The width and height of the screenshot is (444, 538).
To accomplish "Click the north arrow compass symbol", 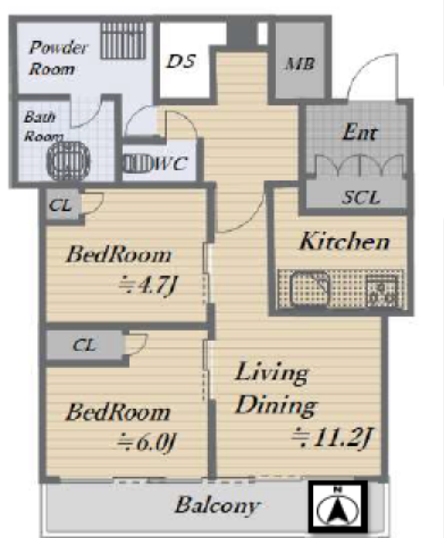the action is [x=338, y=508].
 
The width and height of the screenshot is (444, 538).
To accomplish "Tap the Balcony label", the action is [x=217, y=506].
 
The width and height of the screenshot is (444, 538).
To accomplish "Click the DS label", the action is [x=181, y=61].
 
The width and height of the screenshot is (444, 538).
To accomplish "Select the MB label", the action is [x=300, y=64].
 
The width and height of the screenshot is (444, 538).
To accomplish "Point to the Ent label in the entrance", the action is [x=360, y=132].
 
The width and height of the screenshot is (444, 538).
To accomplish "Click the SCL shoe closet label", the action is [x=360, y=197].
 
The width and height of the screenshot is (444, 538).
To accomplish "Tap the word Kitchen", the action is [x=344, y=241].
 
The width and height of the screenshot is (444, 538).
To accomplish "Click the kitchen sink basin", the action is [x=310, y=288].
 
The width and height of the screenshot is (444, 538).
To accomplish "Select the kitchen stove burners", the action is [x=382, y=291].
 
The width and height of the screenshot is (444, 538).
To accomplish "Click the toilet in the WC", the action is [x=137, y=164].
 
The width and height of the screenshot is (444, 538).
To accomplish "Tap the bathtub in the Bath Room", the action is [x=69, y=160].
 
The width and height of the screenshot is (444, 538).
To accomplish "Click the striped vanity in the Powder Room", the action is [x=123, y=41].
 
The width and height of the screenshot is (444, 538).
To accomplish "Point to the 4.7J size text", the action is [x=148, y=285].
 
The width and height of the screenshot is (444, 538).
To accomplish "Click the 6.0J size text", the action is [x=147, y=443].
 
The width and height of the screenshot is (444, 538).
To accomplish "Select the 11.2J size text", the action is [x=332, y=437].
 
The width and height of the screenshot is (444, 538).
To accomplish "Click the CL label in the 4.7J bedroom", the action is [x=60, y=205].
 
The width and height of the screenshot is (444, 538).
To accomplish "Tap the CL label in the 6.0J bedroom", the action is [x=84, y=344].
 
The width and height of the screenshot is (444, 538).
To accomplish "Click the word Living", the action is [x=271, y=374].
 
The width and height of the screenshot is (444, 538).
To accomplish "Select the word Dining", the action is [x=276, y=405].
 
